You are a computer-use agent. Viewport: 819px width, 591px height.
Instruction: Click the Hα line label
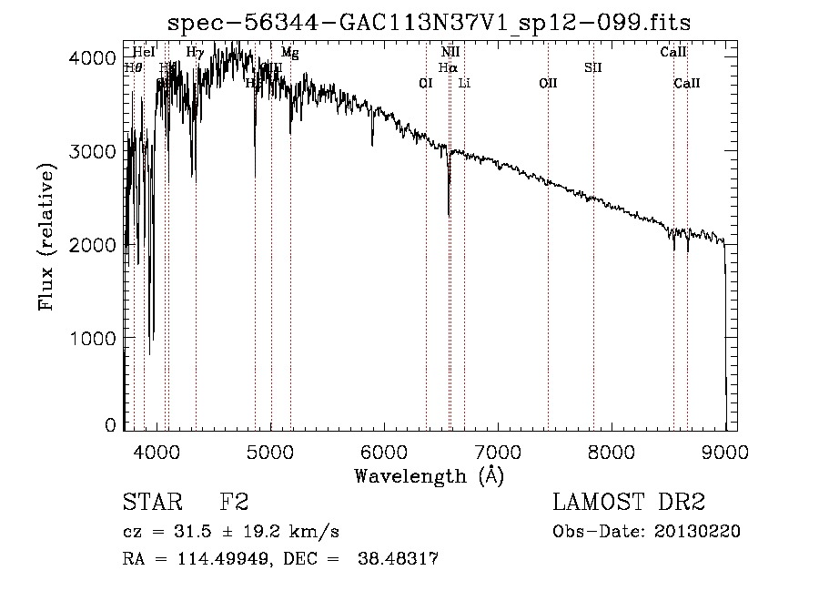[448, 67]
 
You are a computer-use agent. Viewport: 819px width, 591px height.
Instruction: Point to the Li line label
[464, 83]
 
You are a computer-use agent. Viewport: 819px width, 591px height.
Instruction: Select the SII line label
[593, 67]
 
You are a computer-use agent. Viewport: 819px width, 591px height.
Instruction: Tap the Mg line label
[290, 53]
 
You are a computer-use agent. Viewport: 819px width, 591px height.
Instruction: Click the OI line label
[425, 83]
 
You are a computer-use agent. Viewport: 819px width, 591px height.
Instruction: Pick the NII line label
[450, 53]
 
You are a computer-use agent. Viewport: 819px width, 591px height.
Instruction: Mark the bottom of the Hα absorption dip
[449, 215]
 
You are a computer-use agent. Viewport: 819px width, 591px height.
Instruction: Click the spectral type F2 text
[234, 502]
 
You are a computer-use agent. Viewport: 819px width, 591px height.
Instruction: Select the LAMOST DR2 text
[629, 502]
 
